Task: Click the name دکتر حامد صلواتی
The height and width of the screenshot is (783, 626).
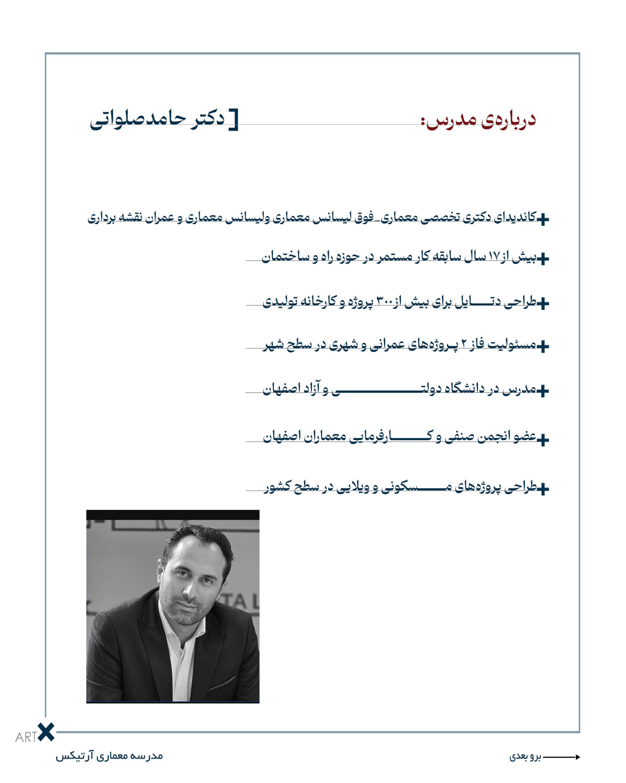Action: (x=157, y=120)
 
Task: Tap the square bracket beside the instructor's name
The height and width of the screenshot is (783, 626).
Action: (x=234, y=120)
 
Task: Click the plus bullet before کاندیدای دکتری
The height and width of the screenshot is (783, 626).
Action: (x=543, y=219)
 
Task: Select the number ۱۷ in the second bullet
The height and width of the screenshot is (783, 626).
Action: (x=494, y=257)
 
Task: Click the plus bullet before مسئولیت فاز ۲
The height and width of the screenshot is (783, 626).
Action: (x=543, y=347)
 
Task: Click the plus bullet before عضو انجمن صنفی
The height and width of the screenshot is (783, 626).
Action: (x=543, y=440)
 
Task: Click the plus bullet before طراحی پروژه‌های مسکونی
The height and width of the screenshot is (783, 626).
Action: (x=543, y=489)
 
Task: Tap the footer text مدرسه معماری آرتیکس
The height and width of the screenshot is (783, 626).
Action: (x=109, y=756)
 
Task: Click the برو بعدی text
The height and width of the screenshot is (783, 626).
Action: (x=525, y=757)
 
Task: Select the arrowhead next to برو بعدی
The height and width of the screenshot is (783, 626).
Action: (x=577, y=757)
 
